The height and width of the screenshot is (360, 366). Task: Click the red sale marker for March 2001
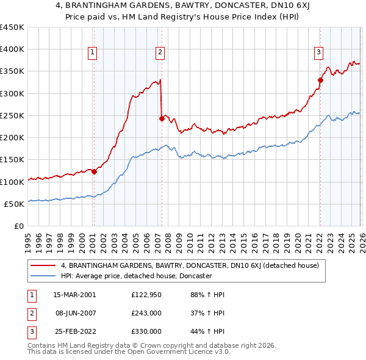94,171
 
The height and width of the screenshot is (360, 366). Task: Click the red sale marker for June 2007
162,119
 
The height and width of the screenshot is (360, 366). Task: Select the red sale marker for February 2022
320,79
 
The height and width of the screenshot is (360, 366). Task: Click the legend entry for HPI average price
135,276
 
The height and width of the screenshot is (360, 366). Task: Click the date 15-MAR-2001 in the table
74,295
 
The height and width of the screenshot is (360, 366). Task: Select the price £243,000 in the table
146,313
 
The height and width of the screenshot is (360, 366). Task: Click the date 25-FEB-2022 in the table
74,331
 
